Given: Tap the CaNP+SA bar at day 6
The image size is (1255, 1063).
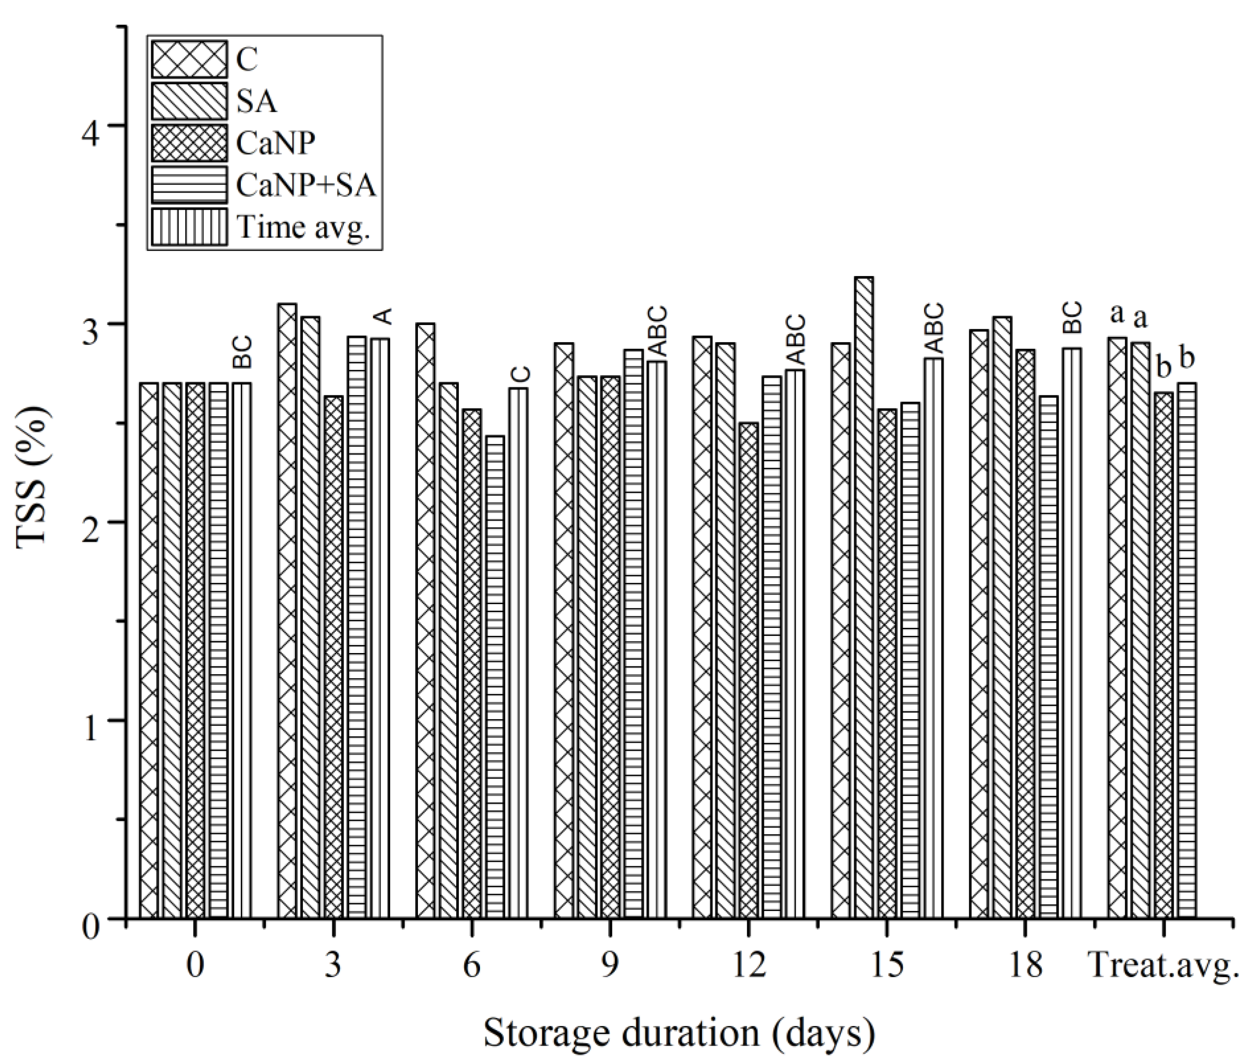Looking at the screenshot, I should [x=495, y=675].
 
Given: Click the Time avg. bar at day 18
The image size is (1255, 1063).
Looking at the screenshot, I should [x=1072, y=633].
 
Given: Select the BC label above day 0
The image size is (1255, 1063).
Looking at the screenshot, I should [x=242, y=353].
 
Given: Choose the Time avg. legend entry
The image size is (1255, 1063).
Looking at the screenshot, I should [x=303, y=227].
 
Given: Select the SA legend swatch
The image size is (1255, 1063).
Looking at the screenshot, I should [x=190, y=101].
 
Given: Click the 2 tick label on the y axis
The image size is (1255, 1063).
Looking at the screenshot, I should [x=92, y=522].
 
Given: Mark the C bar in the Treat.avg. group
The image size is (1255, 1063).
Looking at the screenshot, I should [x=1118, y=627].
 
